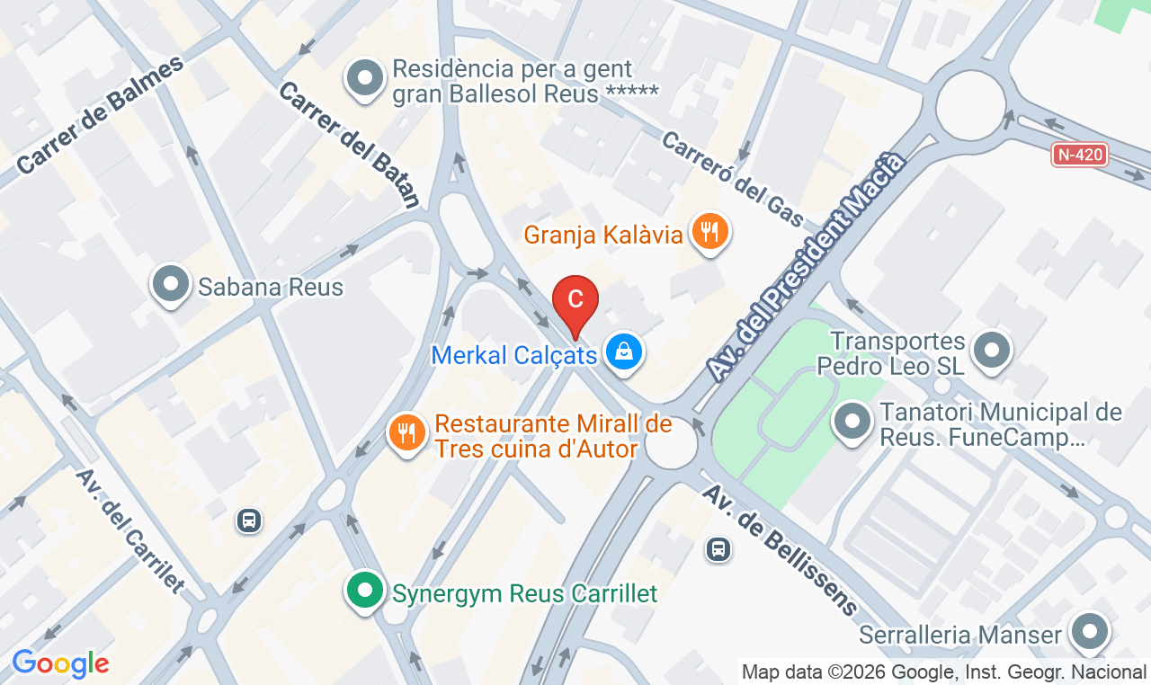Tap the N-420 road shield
(1079, 155)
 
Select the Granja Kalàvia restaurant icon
(709, 233)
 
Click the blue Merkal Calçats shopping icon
(623, 352)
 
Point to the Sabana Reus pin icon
(170, 285)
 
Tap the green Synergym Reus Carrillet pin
(364, 592)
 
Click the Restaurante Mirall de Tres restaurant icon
(407, 433)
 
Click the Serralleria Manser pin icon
(1090, 633)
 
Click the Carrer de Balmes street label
(100, 114)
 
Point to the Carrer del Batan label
(349, 145)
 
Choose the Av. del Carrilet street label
(129, 531)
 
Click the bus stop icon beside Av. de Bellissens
(718, 548)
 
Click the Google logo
(60, 664)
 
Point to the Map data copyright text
(943, 672)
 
